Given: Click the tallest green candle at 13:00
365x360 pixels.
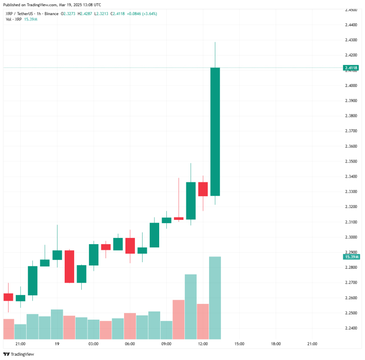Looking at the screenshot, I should (215, 131).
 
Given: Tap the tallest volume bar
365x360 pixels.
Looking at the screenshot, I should (215, 297).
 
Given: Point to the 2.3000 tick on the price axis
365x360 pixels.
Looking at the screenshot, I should (351, 237).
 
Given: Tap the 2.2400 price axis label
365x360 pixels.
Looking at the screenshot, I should (351, 328).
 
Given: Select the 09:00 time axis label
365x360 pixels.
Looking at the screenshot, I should (166, 344).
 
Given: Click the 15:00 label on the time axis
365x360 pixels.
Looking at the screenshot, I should (239, 344).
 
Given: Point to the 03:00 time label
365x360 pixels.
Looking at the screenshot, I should (93, 344).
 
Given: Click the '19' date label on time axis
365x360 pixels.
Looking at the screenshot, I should (57, 344).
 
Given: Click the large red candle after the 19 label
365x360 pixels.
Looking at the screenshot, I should (69, 266).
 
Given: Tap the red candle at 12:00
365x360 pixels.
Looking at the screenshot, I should (203, 189).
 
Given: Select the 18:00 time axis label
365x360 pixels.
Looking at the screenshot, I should (276, 344).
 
